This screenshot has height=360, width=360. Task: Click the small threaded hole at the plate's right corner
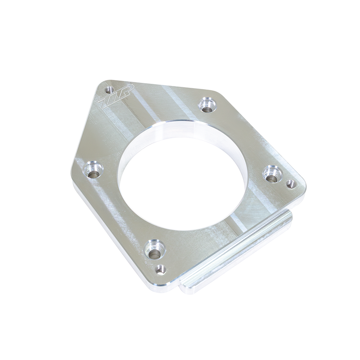coord(291,184)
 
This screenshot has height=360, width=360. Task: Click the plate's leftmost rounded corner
coord(74,173)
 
